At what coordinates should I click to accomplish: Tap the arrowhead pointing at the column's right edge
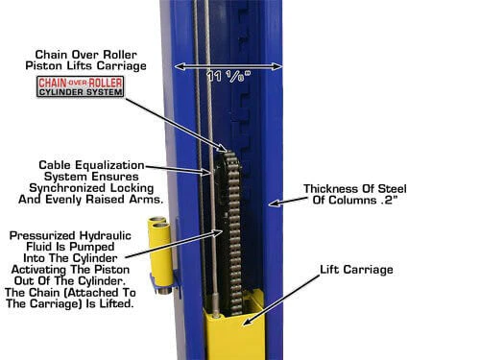point(271,204)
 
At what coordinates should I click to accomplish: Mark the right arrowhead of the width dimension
point(281,67)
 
